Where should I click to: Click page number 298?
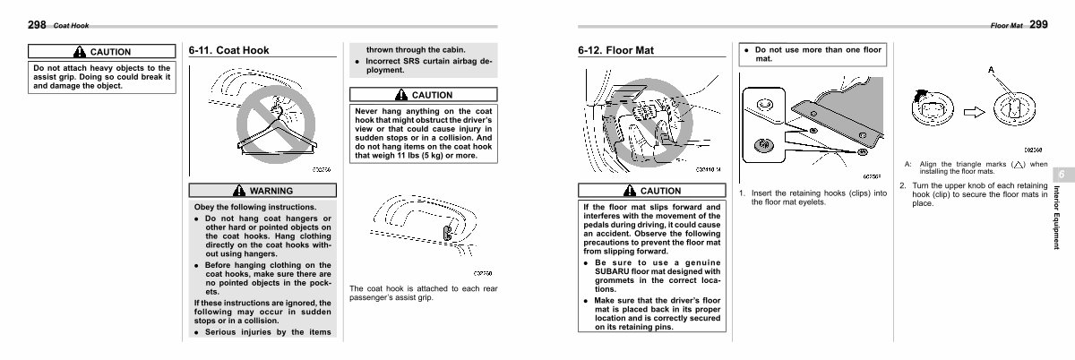click(39, 24)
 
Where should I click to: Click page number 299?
click(1038, 24)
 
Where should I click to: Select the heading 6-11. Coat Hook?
click(229, 51)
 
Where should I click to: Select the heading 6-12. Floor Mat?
click(616, 51)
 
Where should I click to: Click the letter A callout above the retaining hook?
click(992, 69)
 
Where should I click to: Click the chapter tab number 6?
click(1059, 174)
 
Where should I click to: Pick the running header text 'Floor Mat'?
click(1007, 25)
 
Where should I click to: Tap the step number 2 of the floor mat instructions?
click(903, 185)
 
